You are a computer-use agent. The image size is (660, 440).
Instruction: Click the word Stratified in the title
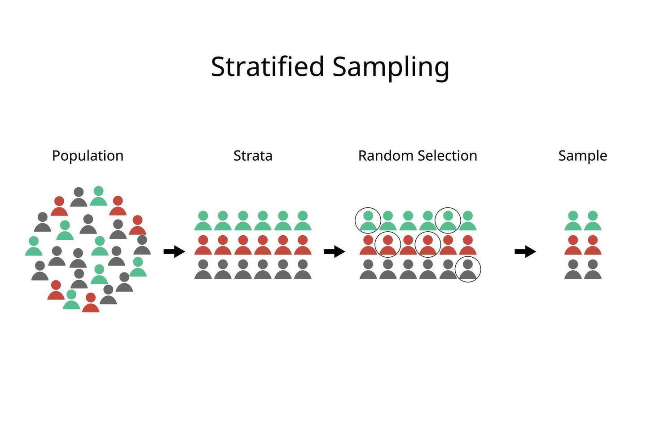coord(268,66)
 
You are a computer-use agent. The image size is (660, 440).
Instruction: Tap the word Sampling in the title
coord(391,67)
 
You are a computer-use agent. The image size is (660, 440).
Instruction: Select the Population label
coord(88,156)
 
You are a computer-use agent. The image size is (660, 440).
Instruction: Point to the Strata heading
coord(253,156)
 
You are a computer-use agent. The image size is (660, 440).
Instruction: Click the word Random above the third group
coord(386,156)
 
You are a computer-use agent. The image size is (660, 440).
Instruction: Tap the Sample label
coord(582,156)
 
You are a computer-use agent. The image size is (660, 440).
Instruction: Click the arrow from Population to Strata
coord(174,252)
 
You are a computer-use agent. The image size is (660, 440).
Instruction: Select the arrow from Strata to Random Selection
coord(334,252)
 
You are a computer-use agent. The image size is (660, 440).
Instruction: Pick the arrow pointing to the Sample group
coord(525,252)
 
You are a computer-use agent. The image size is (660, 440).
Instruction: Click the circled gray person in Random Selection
coord(468,269)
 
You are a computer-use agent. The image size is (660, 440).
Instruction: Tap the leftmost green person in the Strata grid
coord(203,221)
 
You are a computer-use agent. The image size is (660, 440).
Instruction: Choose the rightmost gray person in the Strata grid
coord(303,269)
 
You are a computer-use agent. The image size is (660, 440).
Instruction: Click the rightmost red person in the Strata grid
coord(303,245)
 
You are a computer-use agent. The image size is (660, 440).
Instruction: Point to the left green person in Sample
coord(573,221)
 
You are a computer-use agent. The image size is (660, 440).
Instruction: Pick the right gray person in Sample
coord(593,269)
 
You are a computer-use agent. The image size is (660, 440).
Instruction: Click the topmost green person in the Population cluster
coord(98,196)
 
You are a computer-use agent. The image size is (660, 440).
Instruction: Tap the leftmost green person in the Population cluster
coord(34,246)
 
